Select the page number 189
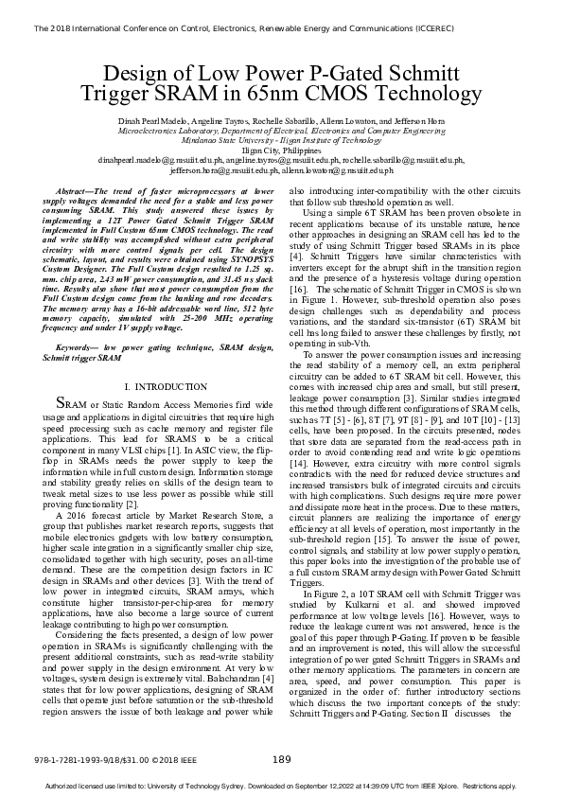tap(281, 759)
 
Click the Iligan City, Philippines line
tap(281, 151)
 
